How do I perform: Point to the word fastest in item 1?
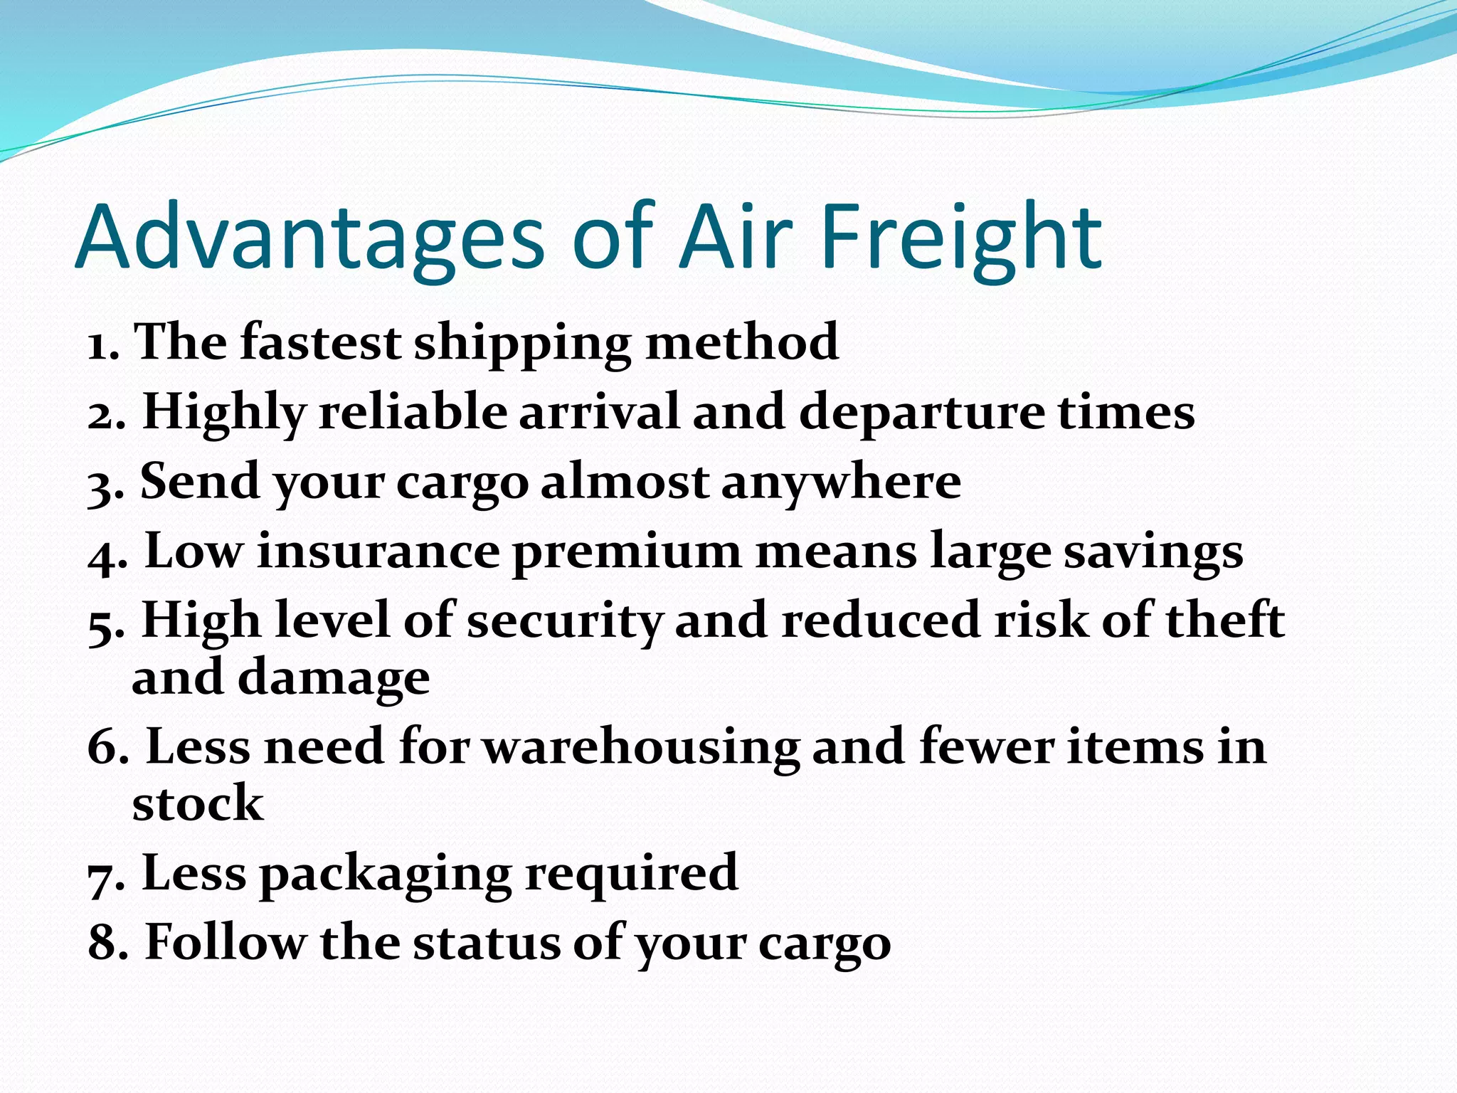click(x=320, y=342)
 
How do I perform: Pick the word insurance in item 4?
click(x=378, y=551)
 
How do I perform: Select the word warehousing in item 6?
click(x=640, y=748)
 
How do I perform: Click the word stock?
click(x=197, y=803)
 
